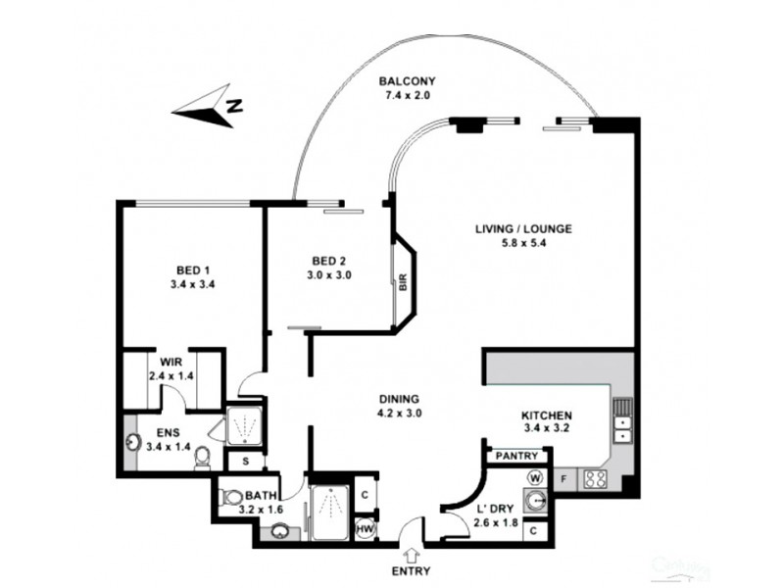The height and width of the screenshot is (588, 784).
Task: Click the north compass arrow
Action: (207, 109)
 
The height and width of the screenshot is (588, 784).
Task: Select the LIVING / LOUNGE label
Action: (523, 229)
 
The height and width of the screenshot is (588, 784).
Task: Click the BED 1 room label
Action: (193, 270)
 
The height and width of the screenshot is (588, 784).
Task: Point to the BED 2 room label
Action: (329, 261)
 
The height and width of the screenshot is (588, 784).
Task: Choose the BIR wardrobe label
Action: (403, 281)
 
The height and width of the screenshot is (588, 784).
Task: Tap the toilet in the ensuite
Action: (202, 458)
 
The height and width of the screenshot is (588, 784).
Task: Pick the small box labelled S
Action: (245, 460)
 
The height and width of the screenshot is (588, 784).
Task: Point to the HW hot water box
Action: (363, 529)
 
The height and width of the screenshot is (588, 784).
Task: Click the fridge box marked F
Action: (563, 479)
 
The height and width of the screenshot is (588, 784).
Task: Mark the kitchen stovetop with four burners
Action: (595, 478)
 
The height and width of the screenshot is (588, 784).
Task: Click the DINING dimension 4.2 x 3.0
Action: (399, 414)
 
